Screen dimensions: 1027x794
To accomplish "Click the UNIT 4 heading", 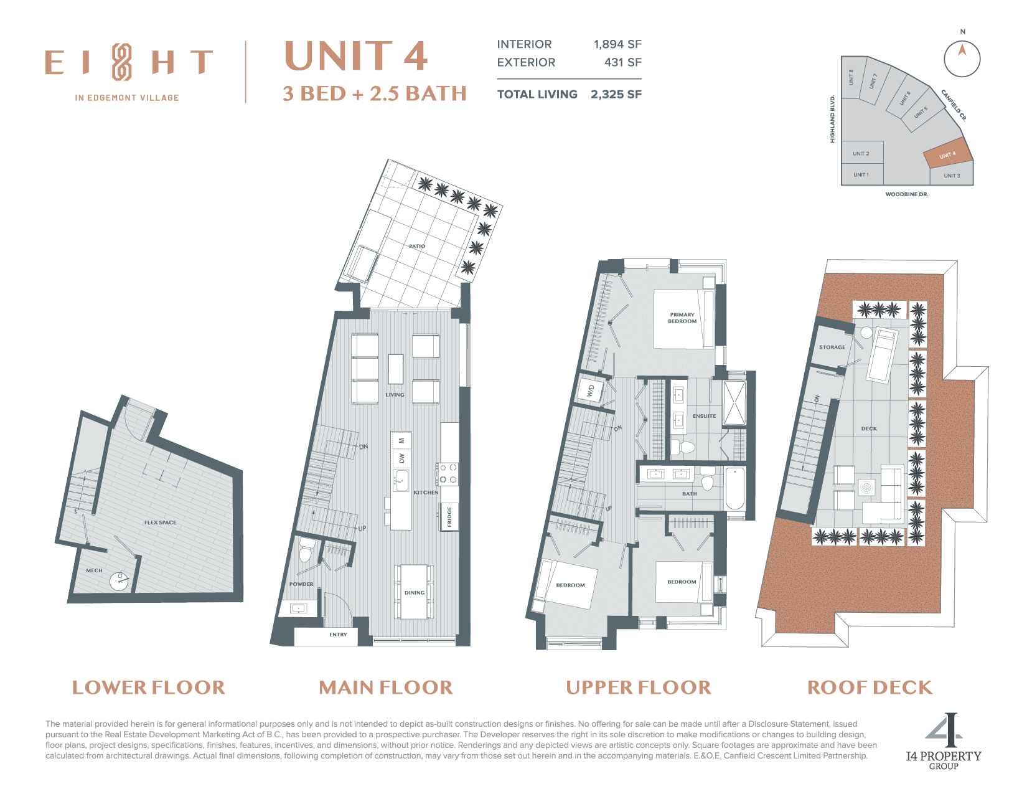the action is click(x=356, y=56).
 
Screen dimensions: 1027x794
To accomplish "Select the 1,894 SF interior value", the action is click(x=617, y=44).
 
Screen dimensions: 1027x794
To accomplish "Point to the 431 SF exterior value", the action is click(x=623, y=62).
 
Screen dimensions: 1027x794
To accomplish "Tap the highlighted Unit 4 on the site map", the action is click(x=947, y=154).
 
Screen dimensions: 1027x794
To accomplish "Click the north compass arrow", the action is click(x=962, y=49).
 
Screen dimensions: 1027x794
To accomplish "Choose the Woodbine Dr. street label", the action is click(x=906, y=194).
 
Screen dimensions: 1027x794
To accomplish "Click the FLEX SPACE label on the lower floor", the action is click(x=160, y=522).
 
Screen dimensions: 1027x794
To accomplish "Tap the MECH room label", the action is click(x=94, y=570).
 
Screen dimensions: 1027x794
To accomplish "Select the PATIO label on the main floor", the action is click(x=417, y=246).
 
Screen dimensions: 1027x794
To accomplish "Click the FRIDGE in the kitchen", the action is click(x=449, y=517).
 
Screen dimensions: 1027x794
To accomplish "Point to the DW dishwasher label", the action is click(x=401, y=458).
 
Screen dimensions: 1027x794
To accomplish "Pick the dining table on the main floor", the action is click(x=414, y=592).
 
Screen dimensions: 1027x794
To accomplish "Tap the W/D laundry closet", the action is click(x=591, y=390).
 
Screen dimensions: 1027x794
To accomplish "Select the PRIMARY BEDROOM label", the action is click(x=682, y=318).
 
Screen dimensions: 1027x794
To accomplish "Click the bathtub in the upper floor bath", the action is click(x=735, y=488).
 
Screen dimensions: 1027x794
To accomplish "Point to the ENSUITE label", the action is click(x=704, y=416).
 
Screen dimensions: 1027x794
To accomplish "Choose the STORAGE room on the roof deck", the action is click(x=832, y=347).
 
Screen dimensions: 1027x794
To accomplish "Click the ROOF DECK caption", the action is click(x=870, y=688).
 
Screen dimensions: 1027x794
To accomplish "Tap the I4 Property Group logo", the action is click(x=944, y=741).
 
